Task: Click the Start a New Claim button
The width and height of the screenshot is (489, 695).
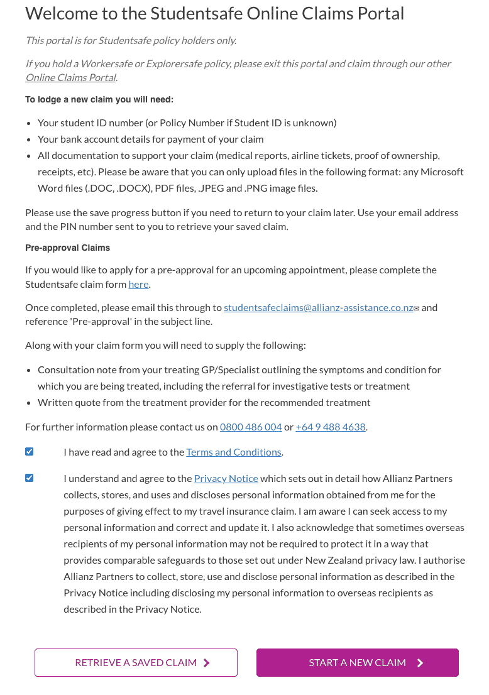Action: click(x=357, y=662)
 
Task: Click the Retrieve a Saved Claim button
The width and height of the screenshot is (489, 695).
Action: click(x=136, y=662)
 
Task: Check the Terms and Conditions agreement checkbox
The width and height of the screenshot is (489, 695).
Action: click(x=30, y=452)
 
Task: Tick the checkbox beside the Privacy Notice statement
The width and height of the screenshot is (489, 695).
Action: click(x=30, y=478)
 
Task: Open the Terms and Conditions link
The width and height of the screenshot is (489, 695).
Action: click(x=233, y=452)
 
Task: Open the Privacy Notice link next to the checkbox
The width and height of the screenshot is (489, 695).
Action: click(x=226, y=478)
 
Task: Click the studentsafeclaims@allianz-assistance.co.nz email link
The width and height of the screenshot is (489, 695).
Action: click(x=318, y=307)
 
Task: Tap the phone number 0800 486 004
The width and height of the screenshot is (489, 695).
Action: click(x=251, y=427)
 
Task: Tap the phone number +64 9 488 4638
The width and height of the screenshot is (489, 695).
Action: click(x=330, y=427)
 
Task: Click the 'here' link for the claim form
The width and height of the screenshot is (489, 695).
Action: click(x=138, y=284)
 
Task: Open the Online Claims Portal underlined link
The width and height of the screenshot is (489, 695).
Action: click(x=70, y=78)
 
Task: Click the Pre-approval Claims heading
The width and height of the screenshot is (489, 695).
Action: click(x=67, y=248)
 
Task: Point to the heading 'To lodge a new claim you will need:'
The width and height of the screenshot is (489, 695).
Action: click(x=99, y=99)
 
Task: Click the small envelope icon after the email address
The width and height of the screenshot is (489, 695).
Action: click(x=416, y=308)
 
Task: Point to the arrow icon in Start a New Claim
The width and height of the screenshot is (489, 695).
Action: click(x=420, y=662)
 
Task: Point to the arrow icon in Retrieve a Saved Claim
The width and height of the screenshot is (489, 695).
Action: click(x=207, y=662)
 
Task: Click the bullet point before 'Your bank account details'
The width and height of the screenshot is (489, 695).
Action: click(x=30, y=140)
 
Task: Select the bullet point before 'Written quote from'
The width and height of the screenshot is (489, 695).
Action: click(x=30, y=402)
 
